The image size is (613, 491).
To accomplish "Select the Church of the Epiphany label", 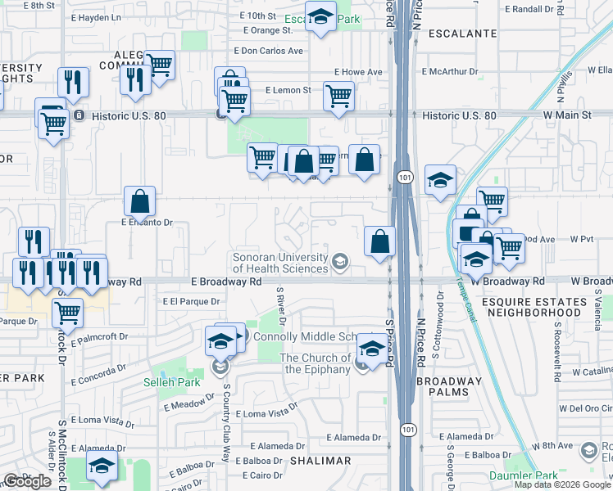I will click(315, 363).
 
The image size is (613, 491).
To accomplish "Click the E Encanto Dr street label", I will click(148, 222).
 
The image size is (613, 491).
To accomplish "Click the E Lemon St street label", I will click(288, 90).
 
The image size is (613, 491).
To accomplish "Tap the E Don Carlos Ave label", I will click(268, 50).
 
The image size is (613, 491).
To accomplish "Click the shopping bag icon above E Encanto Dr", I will click(139, 201).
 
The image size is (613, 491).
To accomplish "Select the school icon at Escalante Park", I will click(320, 16).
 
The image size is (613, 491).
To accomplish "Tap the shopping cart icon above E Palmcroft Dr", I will click(67, 311).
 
